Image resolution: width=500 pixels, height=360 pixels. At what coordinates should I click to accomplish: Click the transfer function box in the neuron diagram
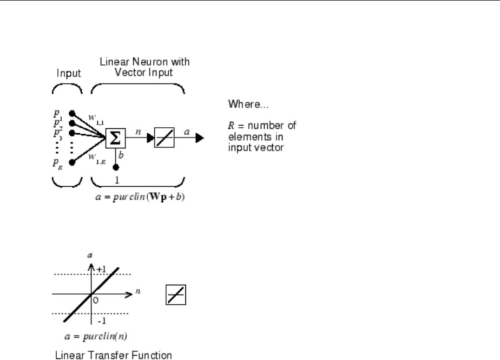(165, 139)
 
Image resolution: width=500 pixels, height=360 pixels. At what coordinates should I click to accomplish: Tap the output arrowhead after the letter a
(200, 139)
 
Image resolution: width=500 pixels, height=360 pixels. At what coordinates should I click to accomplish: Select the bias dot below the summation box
(115, 167)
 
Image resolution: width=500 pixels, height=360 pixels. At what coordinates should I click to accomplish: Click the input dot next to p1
(73, 114)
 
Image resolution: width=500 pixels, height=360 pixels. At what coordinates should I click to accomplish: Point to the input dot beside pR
(73, 161)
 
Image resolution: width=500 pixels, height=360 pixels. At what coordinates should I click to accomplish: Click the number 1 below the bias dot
(115, 180)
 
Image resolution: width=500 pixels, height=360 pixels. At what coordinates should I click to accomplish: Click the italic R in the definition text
(228, 125)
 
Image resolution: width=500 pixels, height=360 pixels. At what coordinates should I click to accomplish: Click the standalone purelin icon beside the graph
(173, 296)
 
